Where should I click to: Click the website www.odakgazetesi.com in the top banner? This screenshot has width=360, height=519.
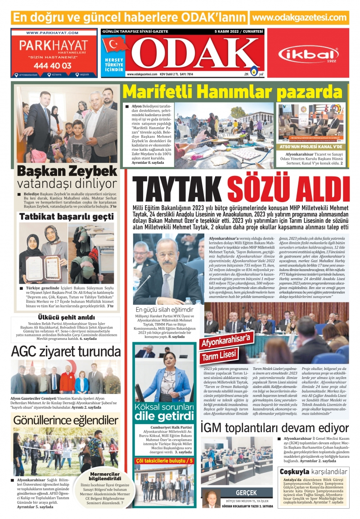point(300,18)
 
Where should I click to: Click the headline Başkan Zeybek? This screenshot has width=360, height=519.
point(67,171)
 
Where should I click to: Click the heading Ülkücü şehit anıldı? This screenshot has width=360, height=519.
point(66,317)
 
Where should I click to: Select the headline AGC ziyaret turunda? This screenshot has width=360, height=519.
point(66,351)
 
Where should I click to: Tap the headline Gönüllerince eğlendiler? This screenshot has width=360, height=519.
point(66,420)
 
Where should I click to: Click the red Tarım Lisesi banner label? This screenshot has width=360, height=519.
point(219,354)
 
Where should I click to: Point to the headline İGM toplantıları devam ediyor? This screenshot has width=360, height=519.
point(274,427)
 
